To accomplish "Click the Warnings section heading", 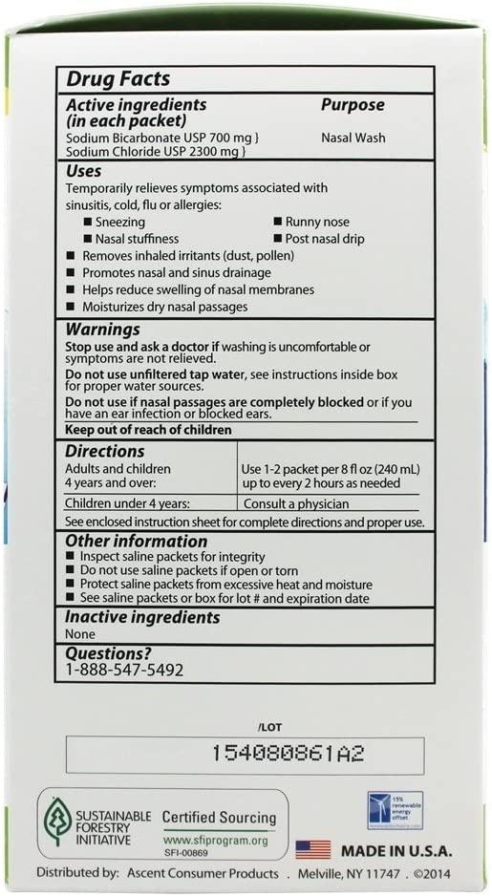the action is (x=106, y=330).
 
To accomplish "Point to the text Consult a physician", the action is (x=294, y=503).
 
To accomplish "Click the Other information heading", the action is (x=136, y=542).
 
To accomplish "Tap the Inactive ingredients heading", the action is (x=142, y=618).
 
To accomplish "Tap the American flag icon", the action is (x=313, y=848).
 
